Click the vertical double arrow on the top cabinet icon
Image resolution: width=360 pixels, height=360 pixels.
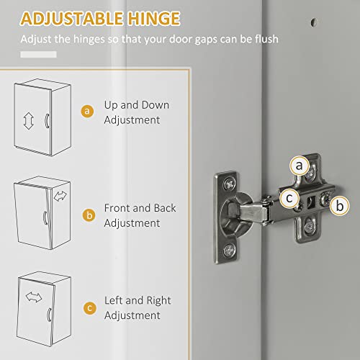pos(30,120)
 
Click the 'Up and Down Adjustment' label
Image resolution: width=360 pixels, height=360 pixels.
pos(136,112)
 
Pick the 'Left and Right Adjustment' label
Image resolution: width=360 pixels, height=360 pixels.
pos(136,308)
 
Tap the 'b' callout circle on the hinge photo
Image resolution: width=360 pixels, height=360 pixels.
pos(338,204)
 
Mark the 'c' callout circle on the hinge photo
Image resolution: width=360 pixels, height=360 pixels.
pos(287,196)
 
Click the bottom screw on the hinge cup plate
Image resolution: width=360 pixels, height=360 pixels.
pos(228,249)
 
